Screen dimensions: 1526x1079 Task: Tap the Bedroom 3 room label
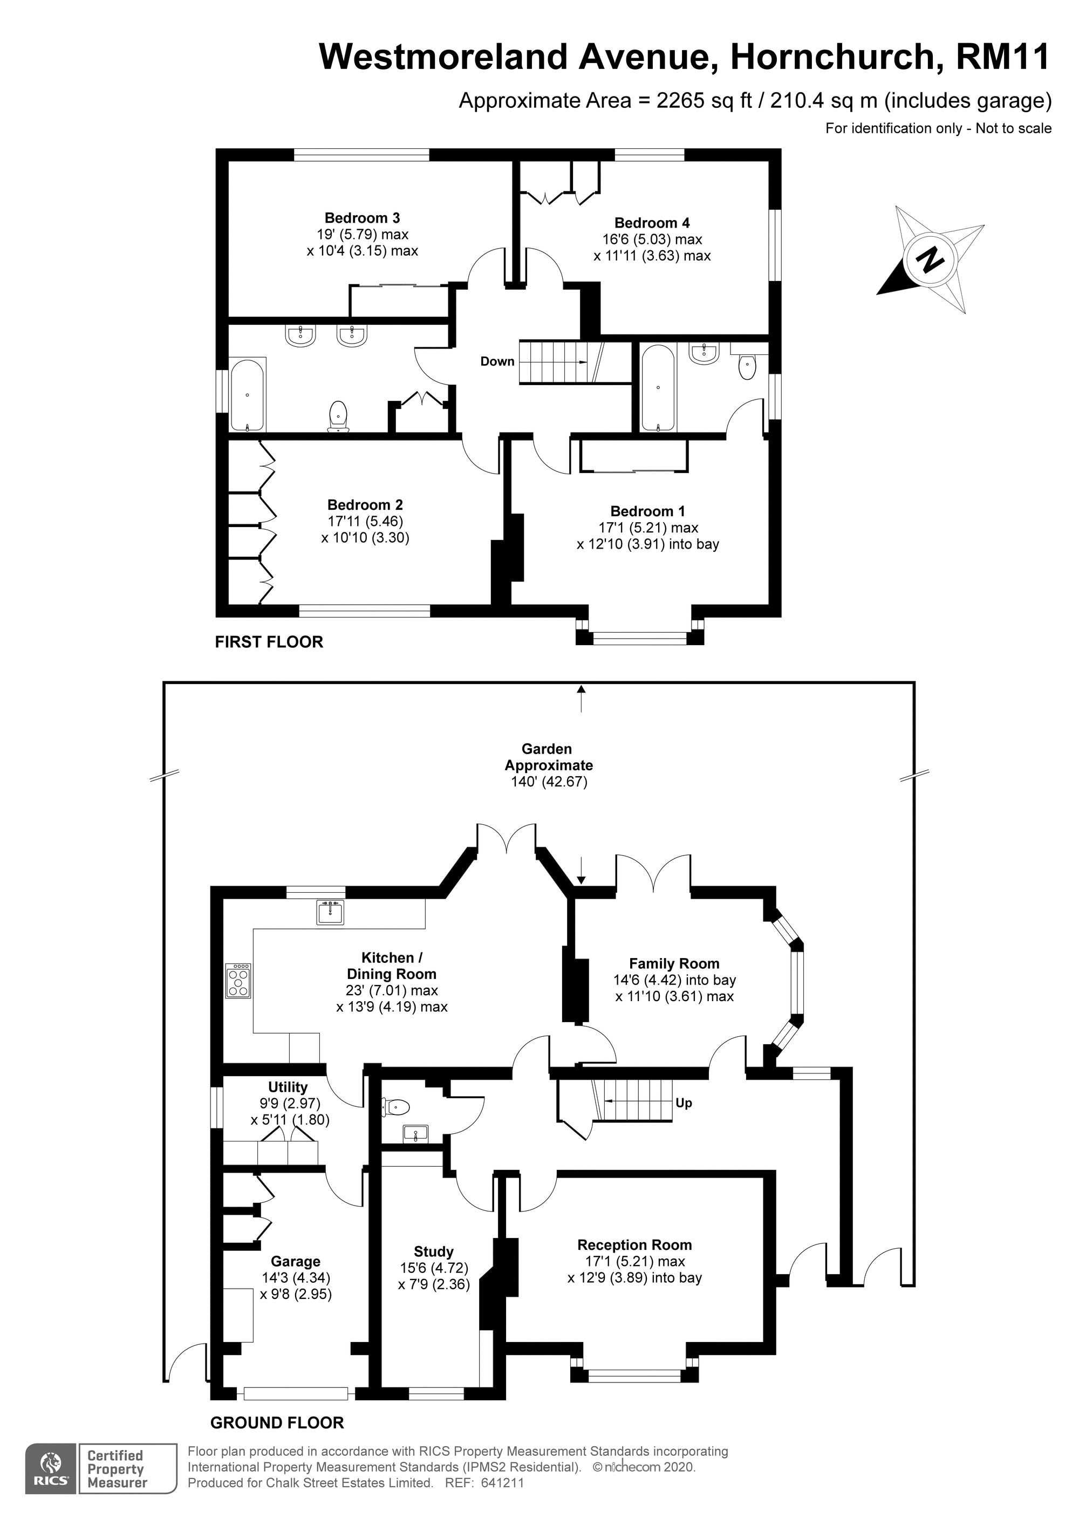[363, 218]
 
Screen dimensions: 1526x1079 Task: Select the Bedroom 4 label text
[652, 223]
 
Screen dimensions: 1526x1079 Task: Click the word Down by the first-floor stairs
[497, 361]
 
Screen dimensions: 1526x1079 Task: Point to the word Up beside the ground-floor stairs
[684, 1103]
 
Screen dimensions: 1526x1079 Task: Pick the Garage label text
[295, 1262]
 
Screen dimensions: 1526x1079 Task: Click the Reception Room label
[634, 1245]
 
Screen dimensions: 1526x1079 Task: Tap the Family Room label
[674, 964]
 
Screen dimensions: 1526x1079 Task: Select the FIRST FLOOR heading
[269, 642]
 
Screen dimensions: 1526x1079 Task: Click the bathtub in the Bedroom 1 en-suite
[658, 388]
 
